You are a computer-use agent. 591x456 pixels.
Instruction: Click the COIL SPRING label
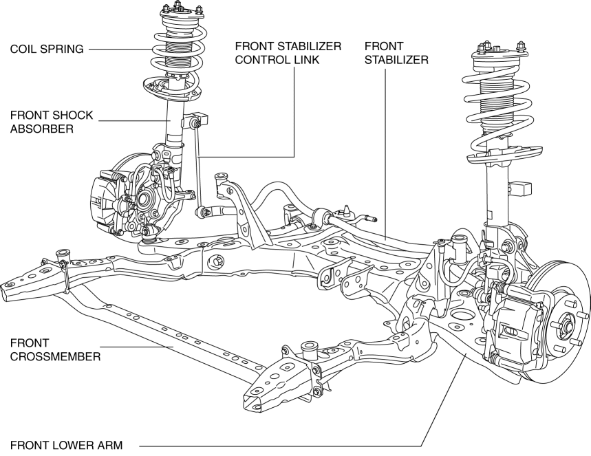click(x=47, y=49)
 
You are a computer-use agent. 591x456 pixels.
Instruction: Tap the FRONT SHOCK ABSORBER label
click(x=52, y=122)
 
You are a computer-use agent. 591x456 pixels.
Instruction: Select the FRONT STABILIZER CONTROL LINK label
click(x=288, y=52)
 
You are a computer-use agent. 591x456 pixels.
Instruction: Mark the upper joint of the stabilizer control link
click(x=196, y=122)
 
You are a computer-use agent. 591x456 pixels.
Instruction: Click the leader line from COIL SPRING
click(x=120, y=49)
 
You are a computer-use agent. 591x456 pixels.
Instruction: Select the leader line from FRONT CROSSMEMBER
click(x=138, y=348)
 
